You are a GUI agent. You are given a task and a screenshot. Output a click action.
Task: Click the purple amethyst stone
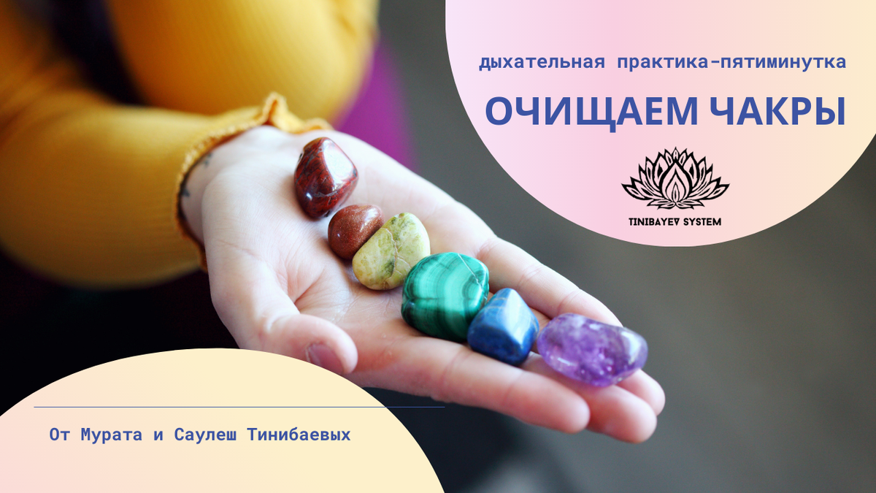[x=592, y=349]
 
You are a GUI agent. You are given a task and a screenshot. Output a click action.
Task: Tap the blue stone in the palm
[x=503, y=327]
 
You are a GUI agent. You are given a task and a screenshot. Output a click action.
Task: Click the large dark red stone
[x=326, y=177]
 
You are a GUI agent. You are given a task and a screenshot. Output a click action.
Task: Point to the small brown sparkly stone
[x=355, y=230]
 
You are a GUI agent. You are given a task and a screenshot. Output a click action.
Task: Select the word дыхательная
[x=542, y=63]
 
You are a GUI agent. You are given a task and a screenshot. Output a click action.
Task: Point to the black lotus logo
[x=675, y=179]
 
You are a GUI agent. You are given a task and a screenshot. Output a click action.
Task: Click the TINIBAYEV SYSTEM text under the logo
[x=675, y=221]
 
